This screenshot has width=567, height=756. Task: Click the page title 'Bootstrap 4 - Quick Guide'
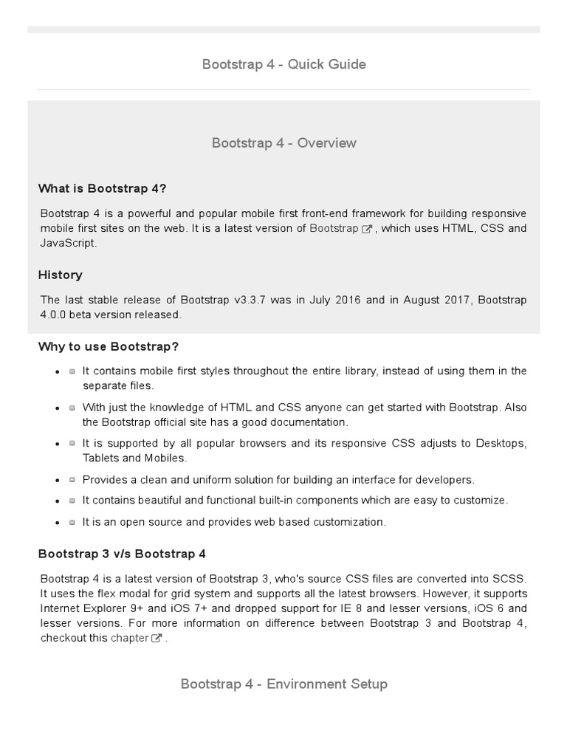pyautogui.click(x=283, y=64)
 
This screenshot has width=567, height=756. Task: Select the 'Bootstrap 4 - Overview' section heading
pyautogui.click(x=283, y=142)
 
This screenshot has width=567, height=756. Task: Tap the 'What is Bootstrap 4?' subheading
pyautogui.click(x=107, y=188)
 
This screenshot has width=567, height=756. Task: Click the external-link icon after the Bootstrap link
pyautogui.click(x=367, y=229)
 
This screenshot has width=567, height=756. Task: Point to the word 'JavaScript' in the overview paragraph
pyautogui.click(x=68, y=243)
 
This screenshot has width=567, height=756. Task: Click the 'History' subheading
pyautogui.click(x=61, y=275)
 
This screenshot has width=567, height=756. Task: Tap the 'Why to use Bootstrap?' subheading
pyautogui.click(x=109, y=346)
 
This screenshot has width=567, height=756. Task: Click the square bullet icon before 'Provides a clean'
pyautogui.click(x=72, y=480)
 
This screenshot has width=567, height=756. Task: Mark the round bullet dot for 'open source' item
pyautogui.click(x=58, y=523)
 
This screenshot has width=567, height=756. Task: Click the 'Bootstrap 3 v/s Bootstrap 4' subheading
pyautogui.click(x=122, y=553)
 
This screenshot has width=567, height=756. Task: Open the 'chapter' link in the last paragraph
pyautogui.click(x=129, y=637)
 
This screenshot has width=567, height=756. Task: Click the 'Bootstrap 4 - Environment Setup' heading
pyautogui.click(x=283, y=684)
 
